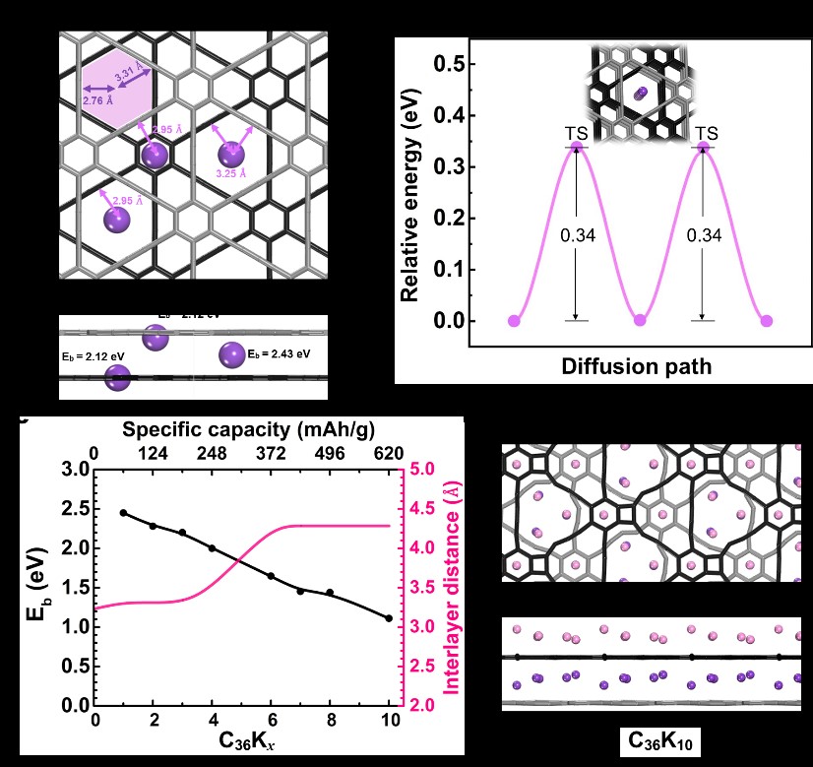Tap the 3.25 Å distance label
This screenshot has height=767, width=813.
tap(231, 174)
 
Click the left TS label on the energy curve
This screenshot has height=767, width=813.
tap(576, 133)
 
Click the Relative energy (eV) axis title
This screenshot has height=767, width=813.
tap(412, 192)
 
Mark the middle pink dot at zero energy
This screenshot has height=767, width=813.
tap(641, 321)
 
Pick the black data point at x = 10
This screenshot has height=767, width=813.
tap(389, 618)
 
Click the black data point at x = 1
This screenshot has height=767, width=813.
tap(124, 513)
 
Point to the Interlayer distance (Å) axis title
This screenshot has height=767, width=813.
tap(452, 588)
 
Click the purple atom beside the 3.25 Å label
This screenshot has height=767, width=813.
tap(231, 154)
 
